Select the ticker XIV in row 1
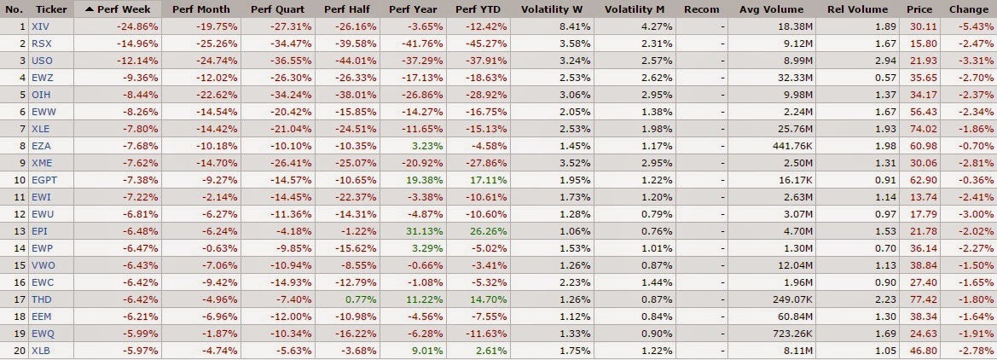pyautogui.click(x=39, y=26)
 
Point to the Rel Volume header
pyautogui.click(x=857, y=9)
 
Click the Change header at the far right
pyautogui.click(x=970, y=9)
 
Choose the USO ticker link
pyautogui.click(x=41, y=60)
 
